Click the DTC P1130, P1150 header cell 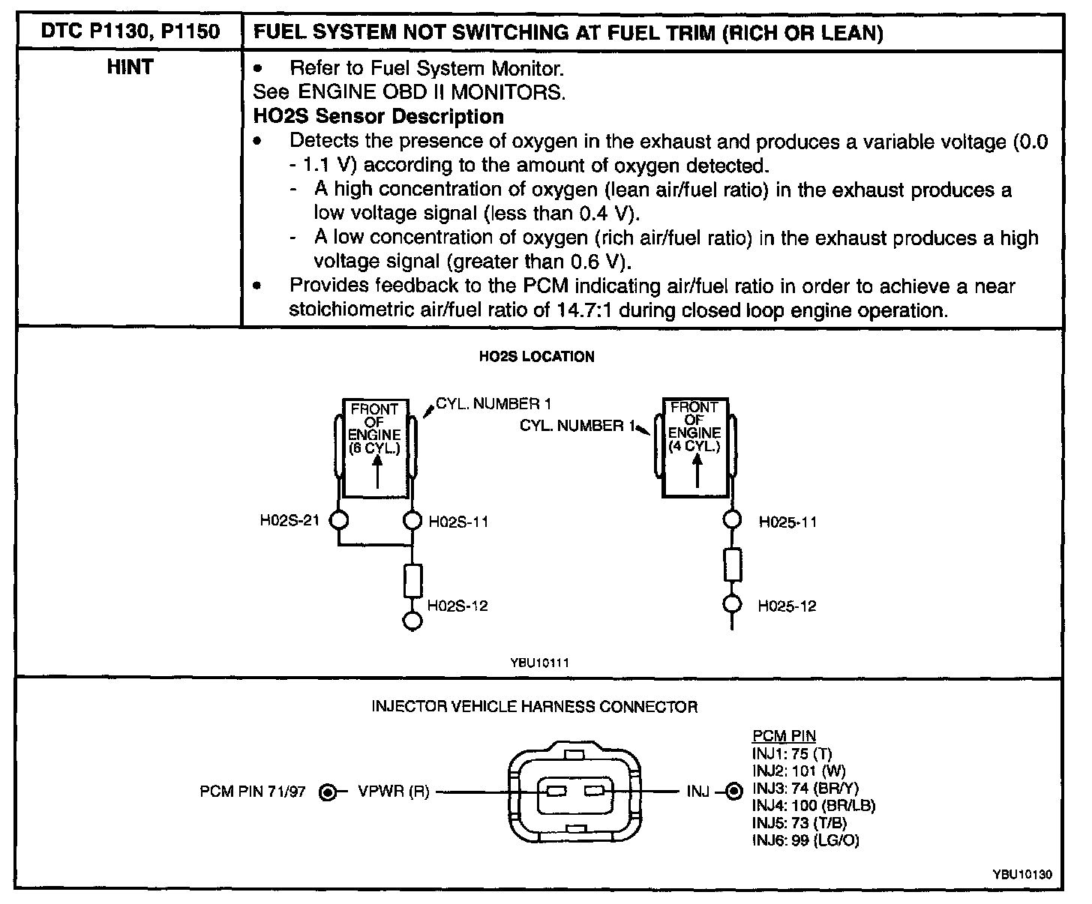(x=128, y=33)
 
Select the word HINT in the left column (x=129, y=67)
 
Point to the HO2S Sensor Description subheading (x=378, y=117)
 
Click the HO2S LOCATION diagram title (x=536, y=357)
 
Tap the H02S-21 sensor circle (x=338, y=519)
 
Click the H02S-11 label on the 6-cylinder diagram (x=458, y=522)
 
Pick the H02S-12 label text (x=457, y=606)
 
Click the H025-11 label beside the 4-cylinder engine (x=787, y=522)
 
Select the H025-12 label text (x=787, y=606)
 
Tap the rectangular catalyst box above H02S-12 (x=412, y=581)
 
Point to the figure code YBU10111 (x=535, y=663)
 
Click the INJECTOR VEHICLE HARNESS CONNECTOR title (x=535, y=706)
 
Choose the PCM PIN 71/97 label (x=253, y=792)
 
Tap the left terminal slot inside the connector (x=556, y=792)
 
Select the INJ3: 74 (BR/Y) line (x=805, y=789)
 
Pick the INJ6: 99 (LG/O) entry (x=805, y=840)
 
